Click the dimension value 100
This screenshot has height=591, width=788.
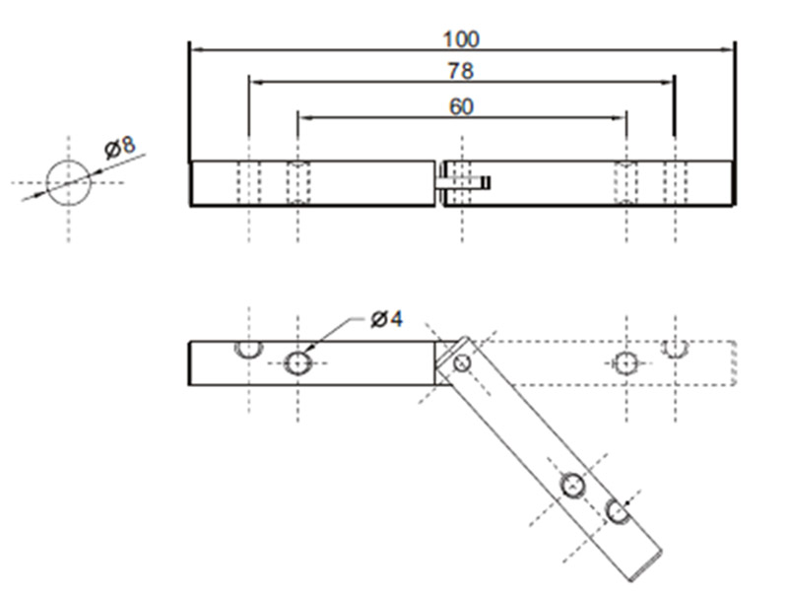pos(461,39)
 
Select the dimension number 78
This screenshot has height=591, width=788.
pos(461,72)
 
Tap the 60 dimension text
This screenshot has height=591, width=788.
pos(461,106)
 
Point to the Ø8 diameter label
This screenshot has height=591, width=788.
pos(120,148)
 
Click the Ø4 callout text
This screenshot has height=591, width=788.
pos(387,319)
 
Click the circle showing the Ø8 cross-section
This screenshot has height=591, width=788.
pos(68,182)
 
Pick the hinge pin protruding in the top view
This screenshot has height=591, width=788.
pos(464,182)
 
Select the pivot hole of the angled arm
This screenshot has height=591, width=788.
pos(462,363)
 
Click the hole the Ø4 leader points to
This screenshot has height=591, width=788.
pos(298,363)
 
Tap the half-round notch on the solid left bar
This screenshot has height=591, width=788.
pos(247,348)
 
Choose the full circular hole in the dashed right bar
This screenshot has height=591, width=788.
pos(625,363)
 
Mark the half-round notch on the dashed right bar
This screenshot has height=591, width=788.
pos(675,348)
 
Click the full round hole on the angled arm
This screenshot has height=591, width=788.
pos(573,485)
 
